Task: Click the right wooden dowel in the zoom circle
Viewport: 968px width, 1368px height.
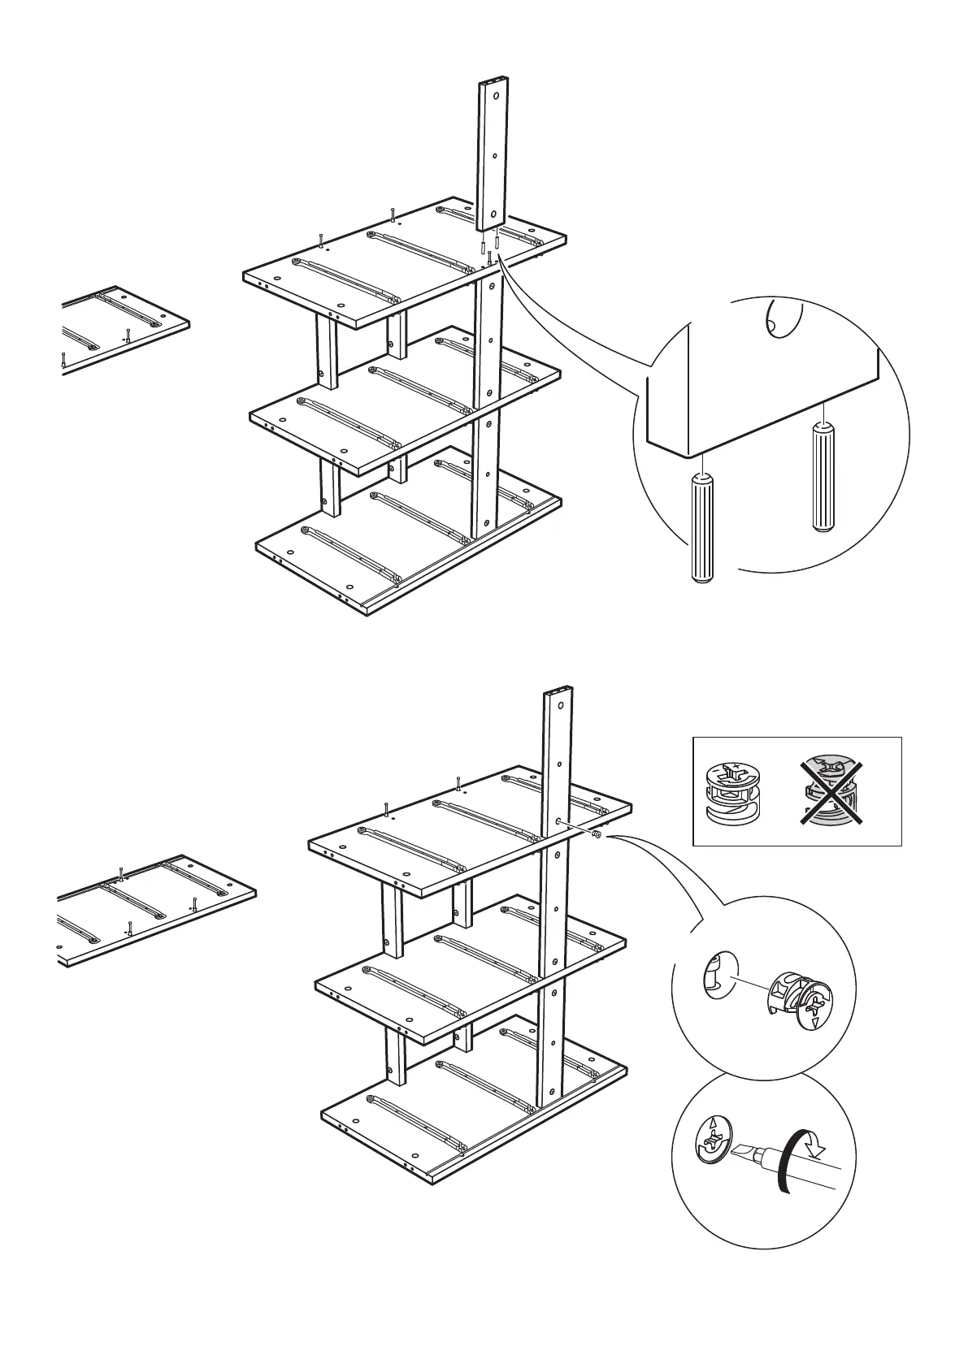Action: click(x=822, y=477)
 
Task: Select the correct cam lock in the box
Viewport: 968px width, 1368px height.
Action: click(x=731, y=792)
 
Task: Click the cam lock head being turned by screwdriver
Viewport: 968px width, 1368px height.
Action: click(x=710, y=1144)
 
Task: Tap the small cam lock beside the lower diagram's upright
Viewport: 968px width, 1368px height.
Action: click(x=597, y=834)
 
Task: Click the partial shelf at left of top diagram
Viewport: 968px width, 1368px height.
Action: click(x=122, y=329)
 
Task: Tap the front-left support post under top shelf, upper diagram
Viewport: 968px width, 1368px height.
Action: click(x=328, y=349)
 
